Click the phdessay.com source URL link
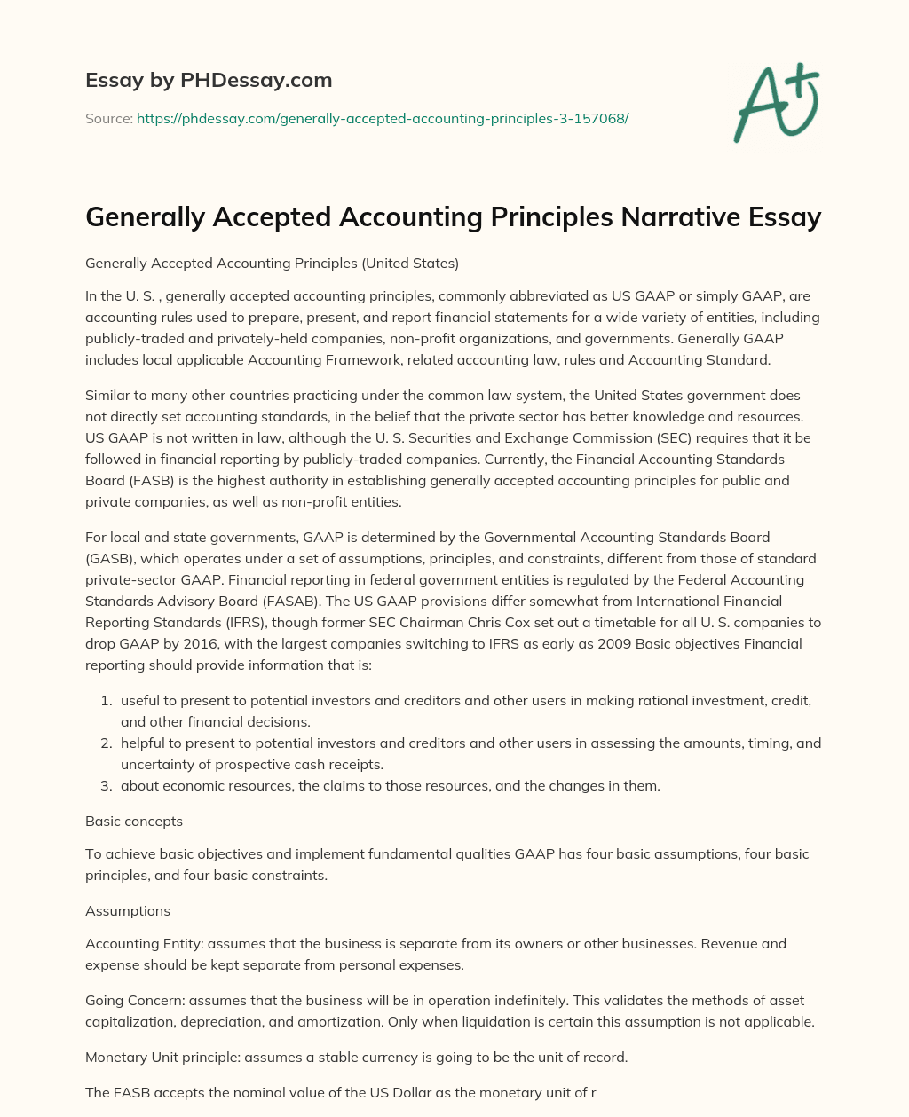tap(382, 118)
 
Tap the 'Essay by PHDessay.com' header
tap(209, 80)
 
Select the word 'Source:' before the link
tap(108, 118)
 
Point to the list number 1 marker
tap(106, 701)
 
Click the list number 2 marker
tap(106, 743)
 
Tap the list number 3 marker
tap(106, 786)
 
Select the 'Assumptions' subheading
tap(128, 910)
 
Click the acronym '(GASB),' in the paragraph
tap(113, 558)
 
